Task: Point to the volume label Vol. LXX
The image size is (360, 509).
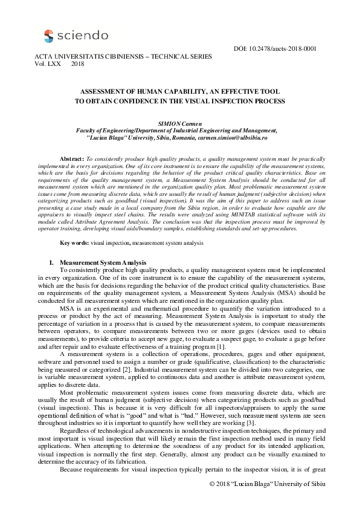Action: [51, 63]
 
